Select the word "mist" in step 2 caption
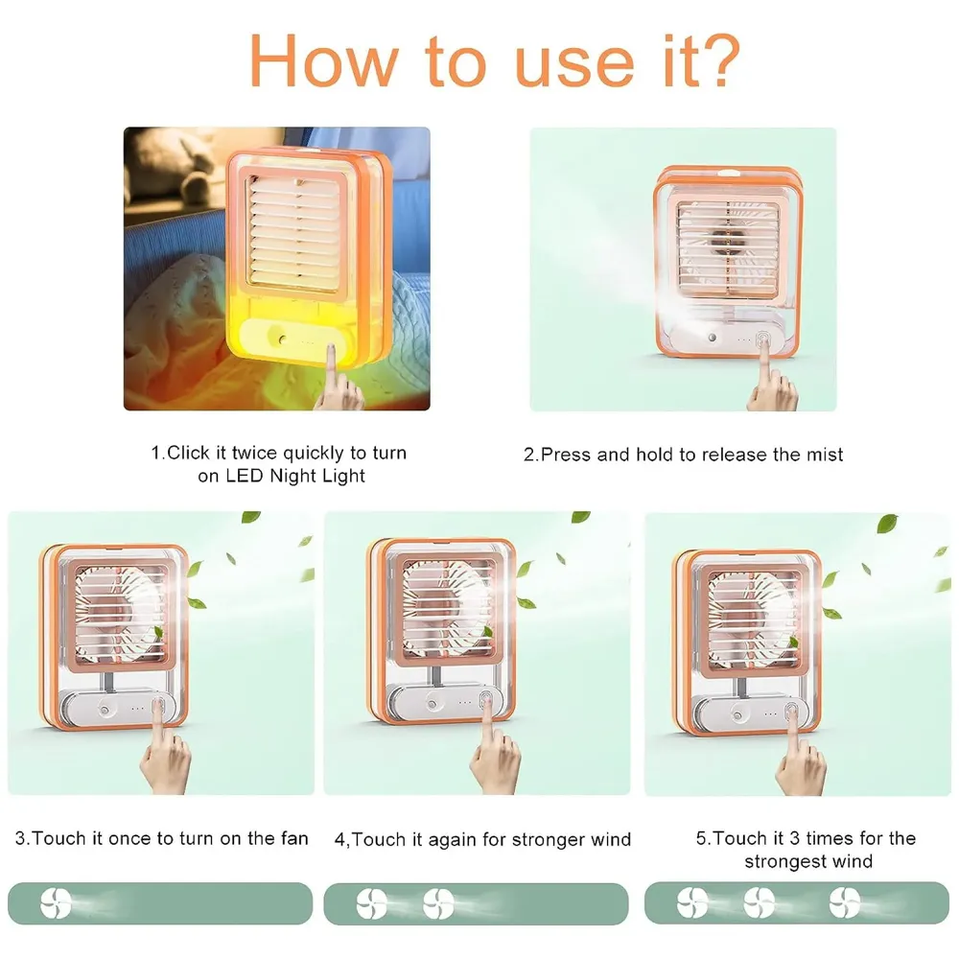coord(823,454)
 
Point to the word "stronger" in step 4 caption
coord(547,840)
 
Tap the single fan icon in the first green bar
coord(56,902)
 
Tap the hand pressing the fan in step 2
coord(771,384)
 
